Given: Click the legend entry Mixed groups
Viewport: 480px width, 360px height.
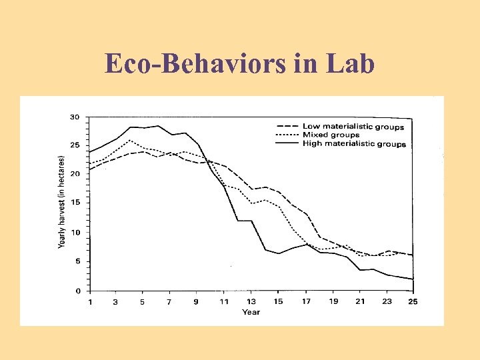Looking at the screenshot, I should point(331,135).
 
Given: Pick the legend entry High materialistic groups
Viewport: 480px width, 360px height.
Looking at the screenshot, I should point(354,144).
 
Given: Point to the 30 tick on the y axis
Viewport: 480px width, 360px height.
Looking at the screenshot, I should point(75,117).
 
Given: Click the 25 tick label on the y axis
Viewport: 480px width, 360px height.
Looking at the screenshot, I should point(75,145).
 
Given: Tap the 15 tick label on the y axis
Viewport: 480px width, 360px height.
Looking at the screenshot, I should point(75,203).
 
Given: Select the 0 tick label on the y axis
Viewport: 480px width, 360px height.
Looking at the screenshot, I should point(77,291).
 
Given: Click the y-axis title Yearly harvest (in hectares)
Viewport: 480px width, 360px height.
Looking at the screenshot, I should point(61,203).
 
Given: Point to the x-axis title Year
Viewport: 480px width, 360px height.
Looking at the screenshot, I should point(251,312).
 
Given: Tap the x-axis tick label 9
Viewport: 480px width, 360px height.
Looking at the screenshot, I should point(197,302).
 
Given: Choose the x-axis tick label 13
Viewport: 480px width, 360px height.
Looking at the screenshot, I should point(251,302).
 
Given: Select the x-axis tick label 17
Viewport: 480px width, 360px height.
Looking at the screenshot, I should point(306,302).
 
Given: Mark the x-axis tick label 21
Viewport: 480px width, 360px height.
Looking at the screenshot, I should point(361,302).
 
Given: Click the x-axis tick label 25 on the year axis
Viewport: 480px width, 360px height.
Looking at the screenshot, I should point(413,302).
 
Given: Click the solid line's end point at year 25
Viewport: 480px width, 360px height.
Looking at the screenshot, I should point(413,279).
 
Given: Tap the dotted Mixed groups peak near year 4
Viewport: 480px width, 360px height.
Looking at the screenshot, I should point(130,141).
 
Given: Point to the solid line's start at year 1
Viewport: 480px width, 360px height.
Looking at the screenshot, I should point(89,151).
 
